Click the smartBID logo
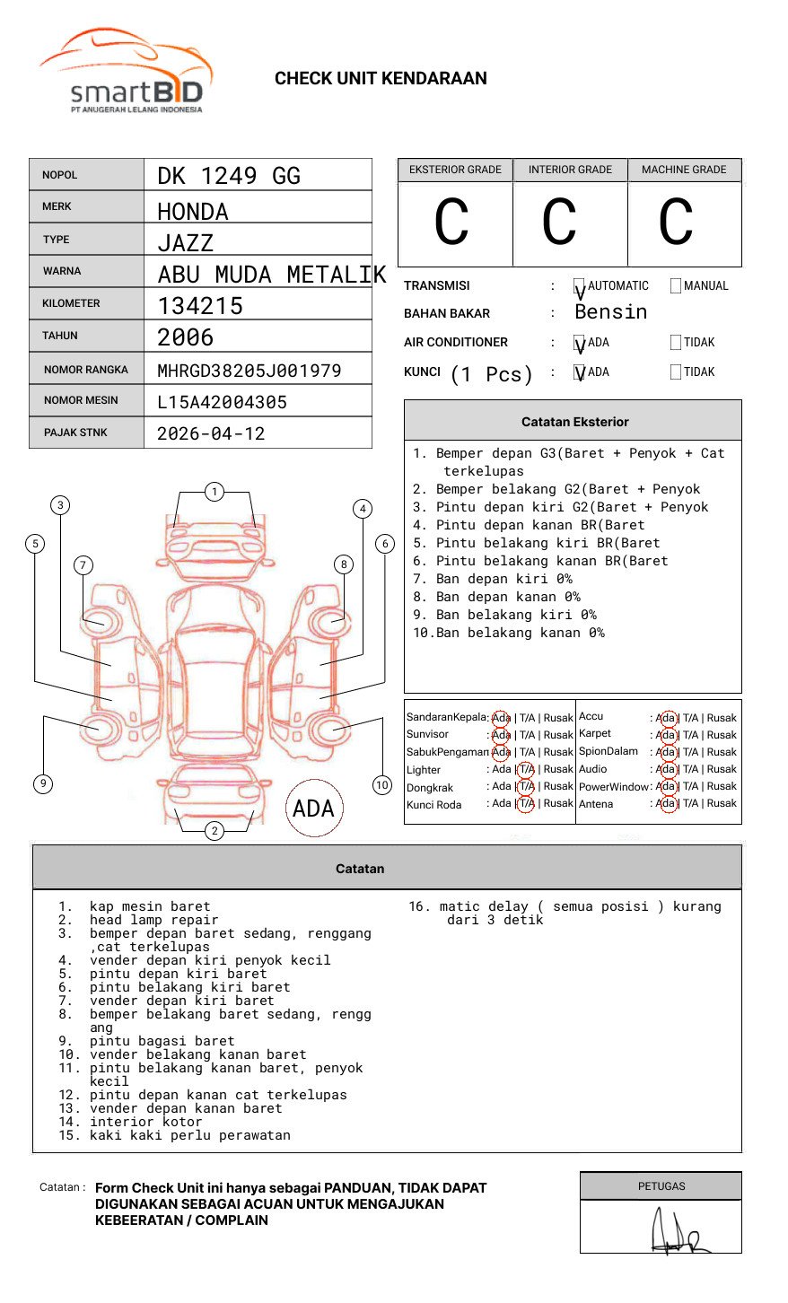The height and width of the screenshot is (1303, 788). coord(126,72)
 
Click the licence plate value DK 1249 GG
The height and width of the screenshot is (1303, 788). coord(229,176)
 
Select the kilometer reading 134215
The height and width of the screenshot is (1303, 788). coord(200,306)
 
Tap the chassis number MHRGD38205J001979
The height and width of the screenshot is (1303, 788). coord(249,371)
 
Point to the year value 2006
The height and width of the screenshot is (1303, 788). coord(186,337)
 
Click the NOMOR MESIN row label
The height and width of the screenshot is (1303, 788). coord(81,400)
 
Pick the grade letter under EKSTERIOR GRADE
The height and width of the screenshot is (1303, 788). coord(451,223)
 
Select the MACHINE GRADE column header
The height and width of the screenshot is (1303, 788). coord(684,170)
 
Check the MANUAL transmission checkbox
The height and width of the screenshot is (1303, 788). coord(676,286)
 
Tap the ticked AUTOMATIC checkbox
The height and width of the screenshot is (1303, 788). coord(580,287)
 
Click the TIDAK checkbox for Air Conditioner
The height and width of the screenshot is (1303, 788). coord(676,343)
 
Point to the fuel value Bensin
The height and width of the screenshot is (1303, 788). coord(610,312)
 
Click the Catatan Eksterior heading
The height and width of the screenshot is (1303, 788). coord(574,422)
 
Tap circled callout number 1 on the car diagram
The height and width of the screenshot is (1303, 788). coord(214,492)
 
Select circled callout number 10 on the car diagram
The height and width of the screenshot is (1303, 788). coord(382,785)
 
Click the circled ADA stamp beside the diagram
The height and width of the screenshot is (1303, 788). coord(313,809)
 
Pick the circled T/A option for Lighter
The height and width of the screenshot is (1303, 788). coord(526,769)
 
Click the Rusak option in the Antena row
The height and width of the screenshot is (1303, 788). coord(721,804)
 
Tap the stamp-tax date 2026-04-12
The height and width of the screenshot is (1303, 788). coord(211,434)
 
